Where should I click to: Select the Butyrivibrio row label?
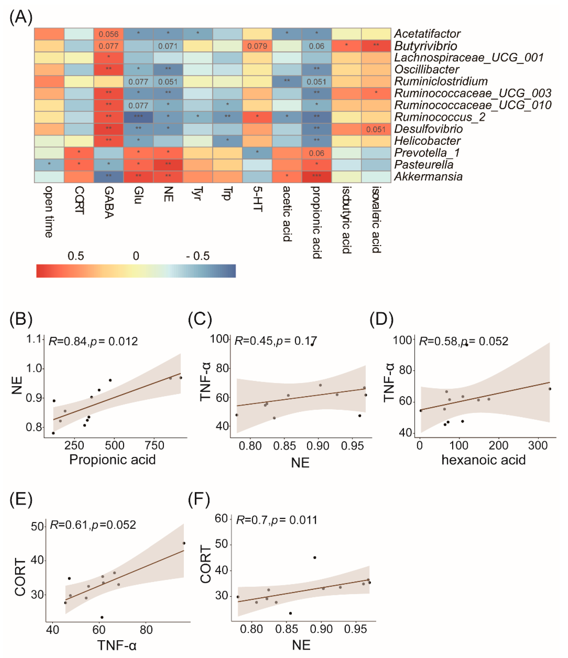pyautogui.click(x=425, y=46)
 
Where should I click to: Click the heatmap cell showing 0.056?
pyautogui.click(x=109, y=34)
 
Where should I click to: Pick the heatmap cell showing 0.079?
pyautogui.click(x=257, y=46)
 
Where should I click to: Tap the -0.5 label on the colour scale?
pyautogui.click(x=198, y=256)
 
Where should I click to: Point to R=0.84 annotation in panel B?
pyautogui.click(x=67, y=341)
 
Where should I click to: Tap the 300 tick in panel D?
pyautogui.click(x=538, y=446)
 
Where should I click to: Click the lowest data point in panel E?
pyautogui.click(x=102, y=617)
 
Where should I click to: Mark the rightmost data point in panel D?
pyautogui.click(x=550, y=389)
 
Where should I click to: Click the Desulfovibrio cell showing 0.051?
pyautogui.click(x=376, y=129)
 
